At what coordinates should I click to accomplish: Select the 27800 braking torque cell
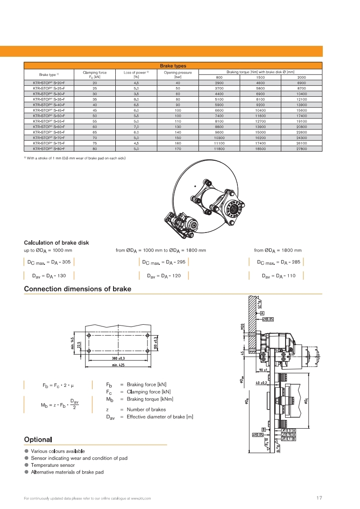(301, 149)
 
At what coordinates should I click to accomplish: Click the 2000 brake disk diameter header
(301, 78)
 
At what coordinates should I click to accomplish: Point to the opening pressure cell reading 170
(178, 149)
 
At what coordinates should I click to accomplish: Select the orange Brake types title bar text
(173, 66)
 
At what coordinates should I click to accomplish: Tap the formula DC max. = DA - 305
(49, 262)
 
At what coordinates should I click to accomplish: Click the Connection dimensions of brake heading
(78, 289)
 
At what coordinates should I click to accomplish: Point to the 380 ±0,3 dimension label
(118, 358)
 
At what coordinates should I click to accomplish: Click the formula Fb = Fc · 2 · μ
(58, 385)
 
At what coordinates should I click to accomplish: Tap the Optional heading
(38, 440)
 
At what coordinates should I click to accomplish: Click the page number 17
(319, 498)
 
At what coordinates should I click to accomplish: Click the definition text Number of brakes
(146, 410)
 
